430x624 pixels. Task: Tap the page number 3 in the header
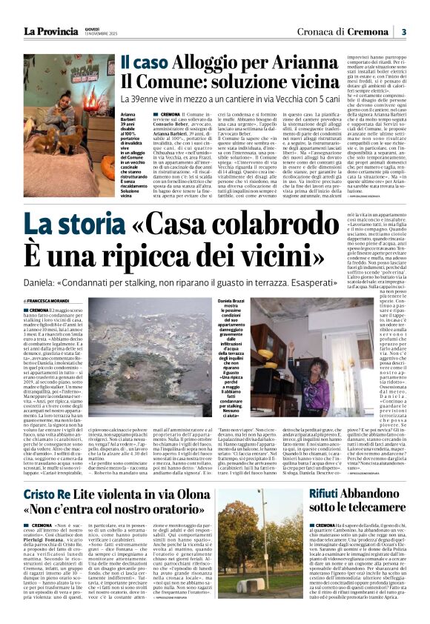click(x=404, y=31)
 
